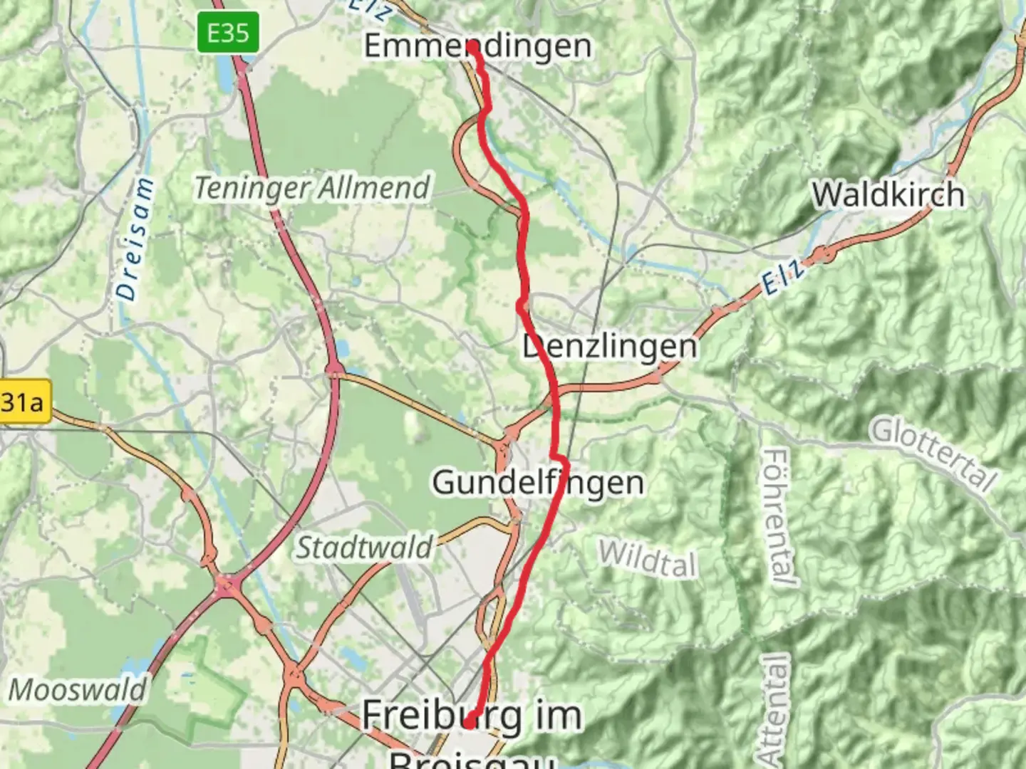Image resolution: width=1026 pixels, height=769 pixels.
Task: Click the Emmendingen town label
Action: pyautogui.click(x=477, y=46)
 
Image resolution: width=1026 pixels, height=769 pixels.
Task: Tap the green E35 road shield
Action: pyautogui.click(x=228, y=33)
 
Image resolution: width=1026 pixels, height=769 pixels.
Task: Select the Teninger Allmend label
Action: pyautogui.click(x=312, y=188)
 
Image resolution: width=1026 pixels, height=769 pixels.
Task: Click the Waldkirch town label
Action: pyautogui.click(x=888, y=194)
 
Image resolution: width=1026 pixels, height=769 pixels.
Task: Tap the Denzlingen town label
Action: pyautogui.click(x=610, y=347)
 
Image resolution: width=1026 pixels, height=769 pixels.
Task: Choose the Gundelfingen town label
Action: pyautogui.click(x=538, y=483)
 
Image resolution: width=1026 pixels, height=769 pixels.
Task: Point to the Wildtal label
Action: pyautogui.click(x=647, y=558)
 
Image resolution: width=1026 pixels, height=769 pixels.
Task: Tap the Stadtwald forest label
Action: pyautogui.click(x=364, y=548)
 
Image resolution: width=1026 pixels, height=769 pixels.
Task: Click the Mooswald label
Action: pyautogui.click(x=77, y=690)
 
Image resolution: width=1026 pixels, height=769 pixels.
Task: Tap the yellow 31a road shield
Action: pyautogui.click(x=23, y=403)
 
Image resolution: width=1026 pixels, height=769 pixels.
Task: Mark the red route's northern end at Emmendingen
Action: pyautogui.click(x=472, y=46)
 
